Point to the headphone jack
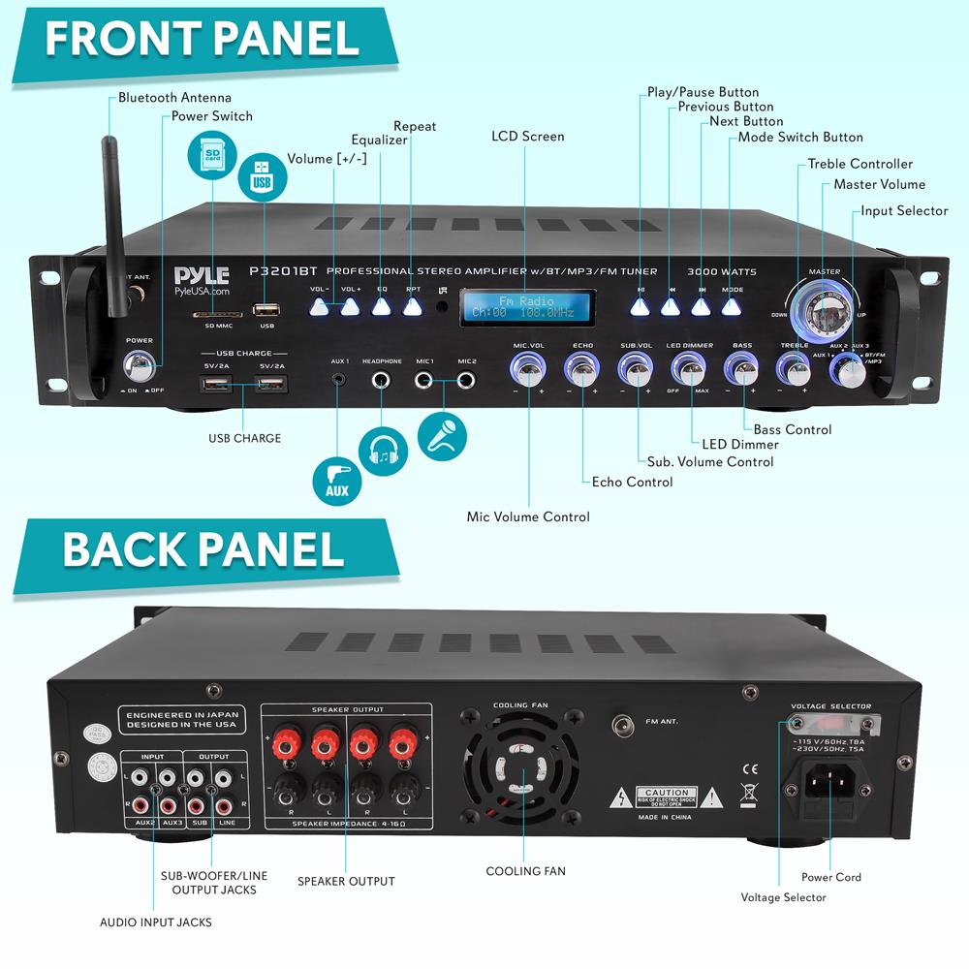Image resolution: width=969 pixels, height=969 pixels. coord(382,379)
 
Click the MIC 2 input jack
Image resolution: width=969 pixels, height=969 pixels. coord(467,379)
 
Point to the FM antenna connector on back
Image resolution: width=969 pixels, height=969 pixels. coord(621,724)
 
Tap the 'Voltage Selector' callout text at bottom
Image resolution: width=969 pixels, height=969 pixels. coord(783,897)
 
